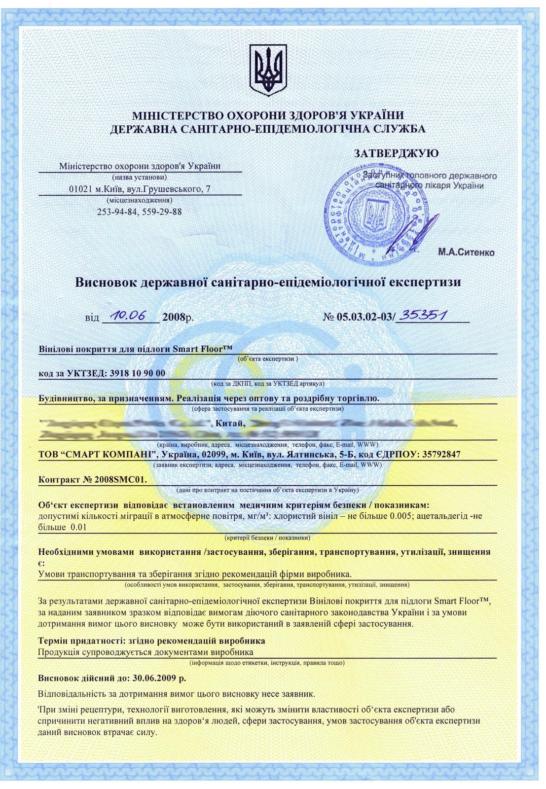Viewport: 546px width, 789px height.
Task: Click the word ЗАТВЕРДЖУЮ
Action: [396, 153]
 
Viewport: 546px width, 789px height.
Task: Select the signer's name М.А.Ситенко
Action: [466, 252]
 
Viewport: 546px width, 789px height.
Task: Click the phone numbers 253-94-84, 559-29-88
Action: [140, 212]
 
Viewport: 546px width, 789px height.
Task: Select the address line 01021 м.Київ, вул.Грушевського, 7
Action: [140, 189]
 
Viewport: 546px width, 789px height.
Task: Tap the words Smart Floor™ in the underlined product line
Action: [202, 349]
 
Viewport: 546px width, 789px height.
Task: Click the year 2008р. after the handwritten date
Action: [178, 317]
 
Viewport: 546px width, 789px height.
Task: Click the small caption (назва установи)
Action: [140, 177]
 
